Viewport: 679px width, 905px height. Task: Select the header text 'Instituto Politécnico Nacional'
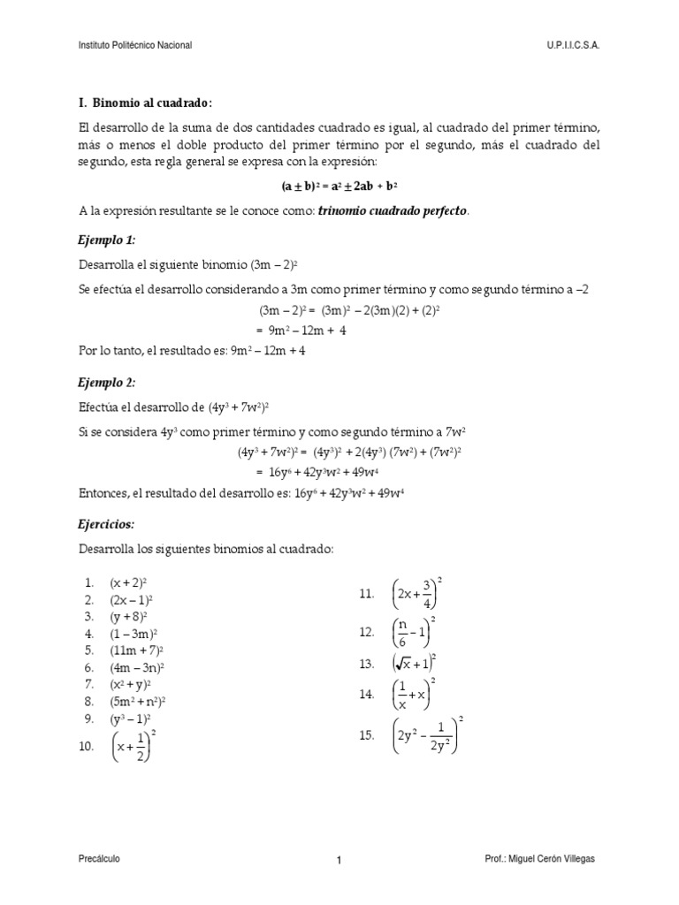pyautogui.click(x=135, y=44)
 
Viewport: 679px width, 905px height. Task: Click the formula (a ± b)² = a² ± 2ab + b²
pyautogui.click(x=339, y=186)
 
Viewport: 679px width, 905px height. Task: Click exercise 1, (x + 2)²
pyautogui.click(x=128, y=583)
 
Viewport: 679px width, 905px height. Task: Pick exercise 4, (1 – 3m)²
pyautogui.click(x=134, y=634)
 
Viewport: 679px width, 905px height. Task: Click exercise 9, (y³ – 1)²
pyautogui.click(x=131, y=718)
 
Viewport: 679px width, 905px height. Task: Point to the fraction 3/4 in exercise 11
pyautogui.click(x=427, y=594)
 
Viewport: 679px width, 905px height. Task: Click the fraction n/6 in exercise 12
pyautogui.click(x=403, y=632)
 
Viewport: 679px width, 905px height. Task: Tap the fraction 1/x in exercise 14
pyautogui.click(x=402, y=695)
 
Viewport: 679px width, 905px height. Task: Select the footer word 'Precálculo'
pyautogui.click(x=99, y=858)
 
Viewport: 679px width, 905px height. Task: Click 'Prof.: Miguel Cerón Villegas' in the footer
pyautogui.click(x=546, y=858)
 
